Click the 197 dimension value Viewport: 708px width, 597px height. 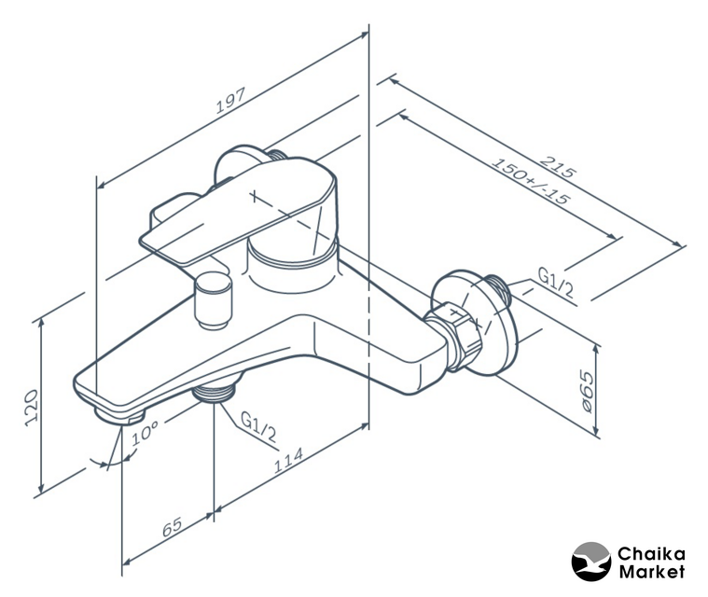pos(229,101)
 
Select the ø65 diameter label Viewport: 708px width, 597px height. pos(587,390)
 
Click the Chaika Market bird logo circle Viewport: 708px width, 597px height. pos(590,562)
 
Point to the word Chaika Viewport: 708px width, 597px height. pos(651,553)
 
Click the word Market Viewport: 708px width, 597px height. pos(651,571)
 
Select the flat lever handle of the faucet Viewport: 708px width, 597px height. pos(201,224)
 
